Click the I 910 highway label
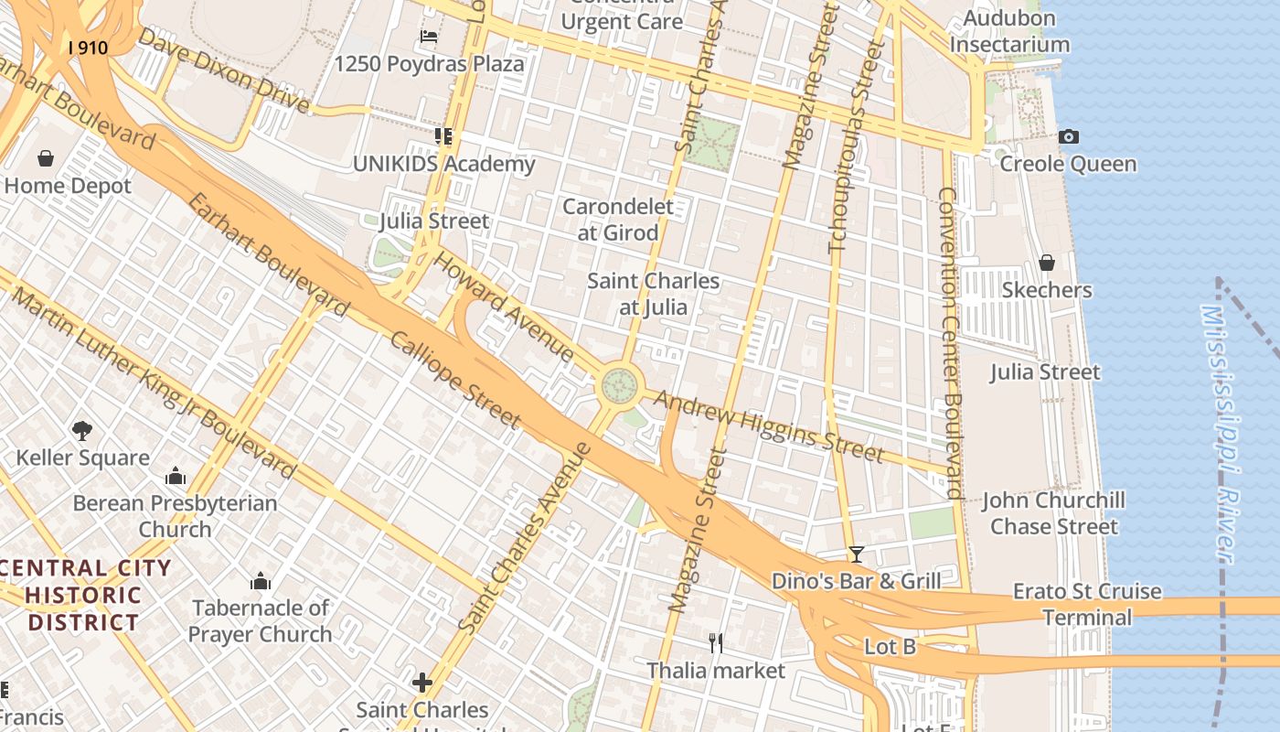[88, 47]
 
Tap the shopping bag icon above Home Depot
[46, 159]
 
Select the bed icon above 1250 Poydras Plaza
[429, 38]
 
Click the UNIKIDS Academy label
[443, 165]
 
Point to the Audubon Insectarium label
[1009, 31]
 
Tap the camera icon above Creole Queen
[1068, 137]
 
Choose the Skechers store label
[1047, 290]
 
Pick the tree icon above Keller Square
[82, 430]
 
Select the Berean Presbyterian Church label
[175, 516]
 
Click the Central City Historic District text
[84, 595]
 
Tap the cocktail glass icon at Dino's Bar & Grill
[856, 554]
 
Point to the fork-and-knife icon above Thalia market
[716, 643]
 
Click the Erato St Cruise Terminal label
[1087, 604]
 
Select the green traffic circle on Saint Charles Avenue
[620, 386]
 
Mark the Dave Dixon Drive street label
[224, 70]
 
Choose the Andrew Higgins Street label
[768, 426]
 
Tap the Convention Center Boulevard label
[951, 343]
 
